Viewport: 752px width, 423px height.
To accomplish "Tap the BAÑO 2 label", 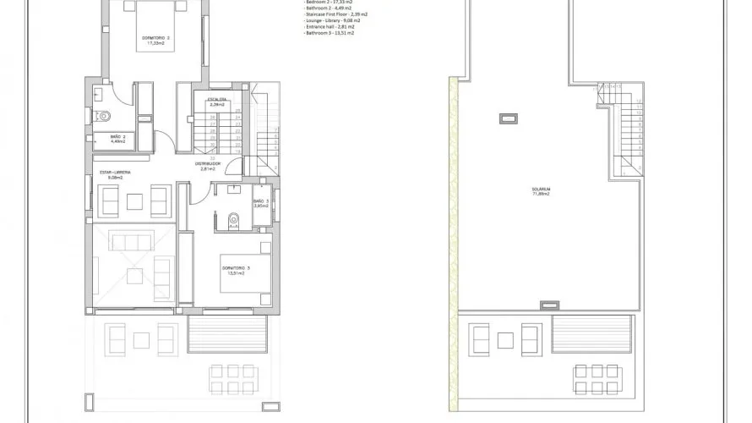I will coord(118,139).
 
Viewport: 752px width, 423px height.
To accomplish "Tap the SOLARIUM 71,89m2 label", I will coord(541,191).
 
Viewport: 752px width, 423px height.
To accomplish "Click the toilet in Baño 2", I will coord(102,118).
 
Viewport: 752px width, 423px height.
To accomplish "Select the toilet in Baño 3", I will coord(236,222).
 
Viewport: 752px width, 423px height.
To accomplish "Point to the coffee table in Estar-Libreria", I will coord(134,201).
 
